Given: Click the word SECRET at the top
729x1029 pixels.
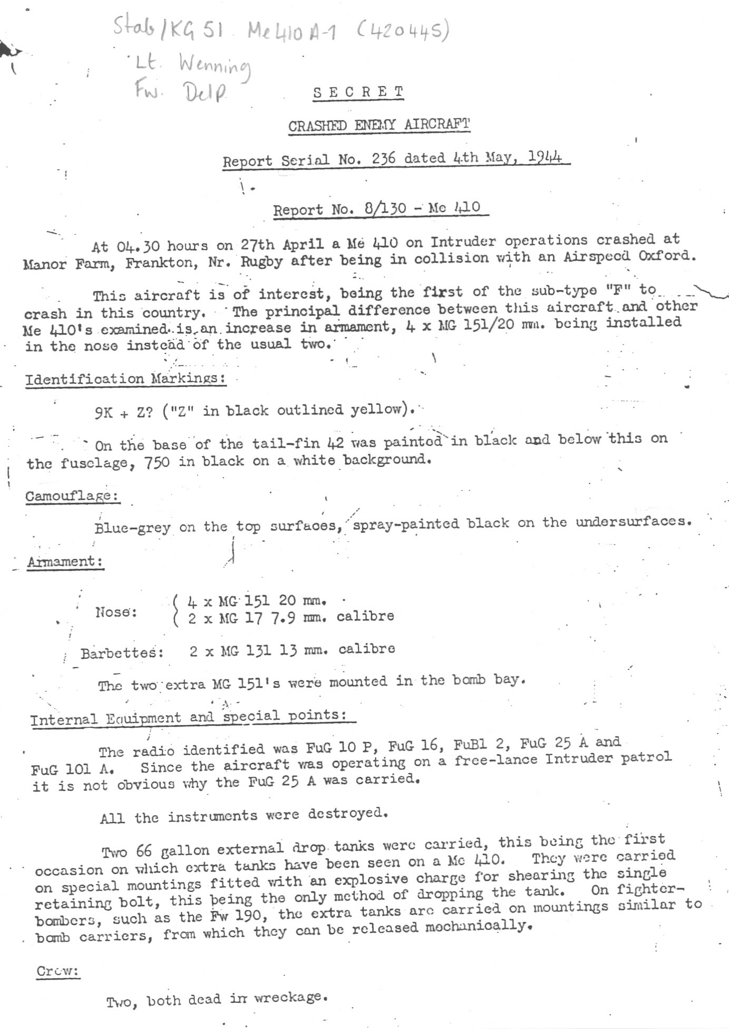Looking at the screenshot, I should tap(358, 92).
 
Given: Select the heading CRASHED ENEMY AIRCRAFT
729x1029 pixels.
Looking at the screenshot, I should tap(378, 125).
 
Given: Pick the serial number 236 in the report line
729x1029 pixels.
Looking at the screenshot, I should tap(383, 159).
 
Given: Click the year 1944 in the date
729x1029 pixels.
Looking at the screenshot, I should tap(545, 156).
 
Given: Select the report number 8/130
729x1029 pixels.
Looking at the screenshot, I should tap(385, 209).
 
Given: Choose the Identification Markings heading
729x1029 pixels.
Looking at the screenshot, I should tap(126, 379).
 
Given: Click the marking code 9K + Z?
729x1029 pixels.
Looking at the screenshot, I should tap(124, 412).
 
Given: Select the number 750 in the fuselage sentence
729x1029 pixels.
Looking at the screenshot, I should tap(157, 462).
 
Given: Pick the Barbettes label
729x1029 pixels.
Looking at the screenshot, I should tap(122, 653).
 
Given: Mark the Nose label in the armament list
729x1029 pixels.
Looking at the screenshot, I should tap(116, 612).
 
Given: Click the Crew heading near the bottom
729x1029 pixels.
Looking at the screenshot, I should tap(57, 971).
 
